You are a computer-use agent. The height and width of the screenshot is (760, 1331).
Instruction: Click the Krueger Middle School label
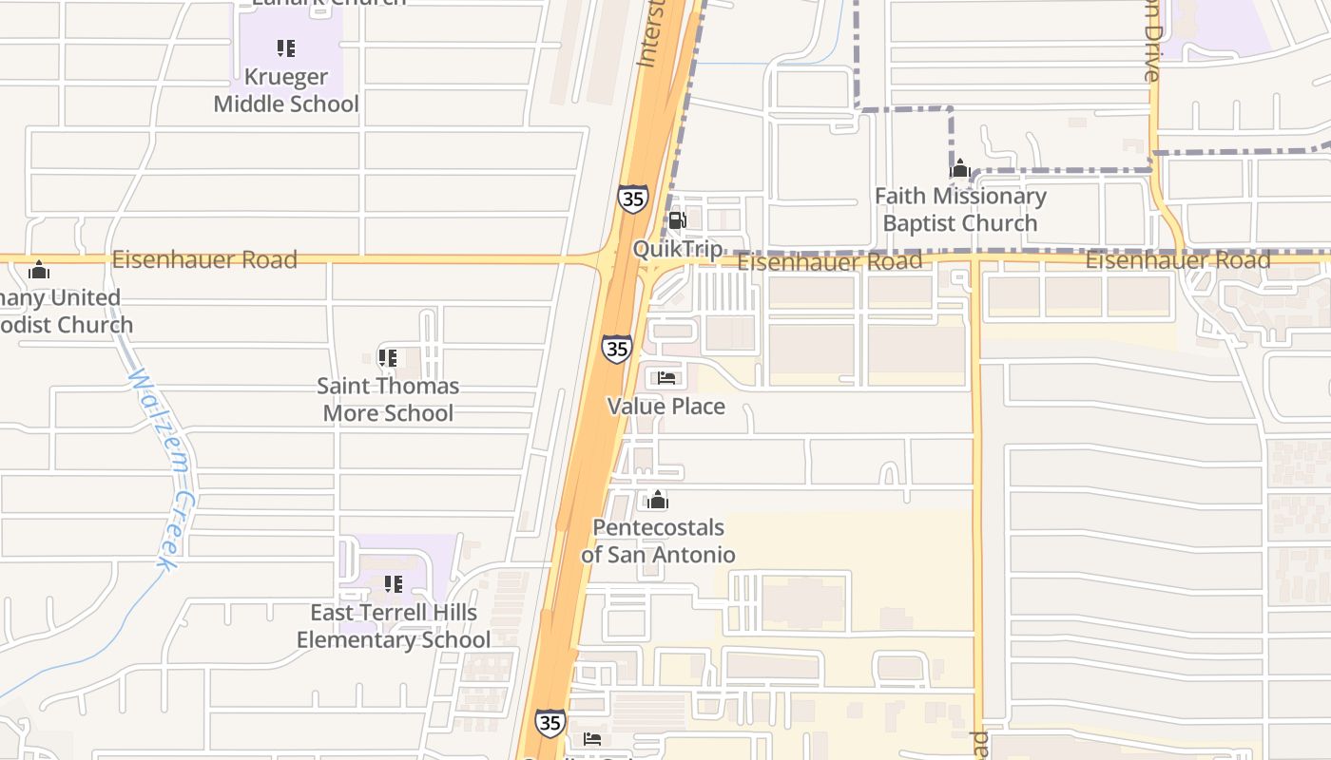point(286,90)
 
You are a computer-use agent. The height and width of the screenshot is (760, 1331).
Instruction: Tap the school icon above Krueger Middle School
point(286,47)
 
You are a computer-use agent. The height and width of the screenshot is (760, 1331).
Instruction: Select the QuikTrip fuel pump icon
point(677,221)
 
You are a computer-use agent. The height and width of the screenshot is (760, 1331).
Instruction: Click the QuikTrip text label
point(678,249)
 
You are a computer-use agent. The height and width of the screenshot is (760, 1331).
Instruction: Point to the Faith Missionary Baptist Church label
point(960,210)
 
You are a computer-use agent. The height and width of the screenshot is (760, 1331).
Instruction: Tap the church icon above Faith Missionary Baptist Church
point(960,170)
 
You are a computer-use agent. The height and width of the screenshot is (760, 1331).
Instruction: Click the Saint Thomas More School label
point(388,399)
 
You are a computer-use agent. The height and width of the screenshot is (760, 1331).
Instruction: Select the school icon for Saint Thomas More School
point(388,358)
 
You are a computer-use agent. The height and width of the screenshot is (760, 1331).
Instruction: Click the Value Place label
point(666,407)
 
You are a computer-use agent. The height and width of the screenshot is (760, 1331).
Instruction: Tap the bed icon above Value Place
point(666,378)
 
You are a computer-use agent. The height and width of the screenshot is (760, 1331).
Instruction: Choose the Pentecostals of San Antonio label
point(658,541)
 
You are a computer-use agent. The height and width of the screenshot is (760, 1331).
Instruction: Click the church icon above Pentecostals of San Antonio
point(658,500)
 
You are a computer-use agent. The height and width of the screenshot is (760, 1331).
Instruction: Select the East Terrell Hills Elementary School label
point(394,626)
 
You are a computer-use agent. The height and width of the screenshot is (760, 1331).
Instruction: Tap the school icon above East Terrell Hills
point(393,583)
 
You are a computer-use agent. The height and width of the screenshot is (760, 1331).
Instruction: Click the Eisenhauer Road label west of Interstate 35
point(204,259)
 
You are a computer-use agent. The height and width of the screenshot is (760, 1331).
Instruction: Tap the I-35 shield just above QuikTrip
point(632,199)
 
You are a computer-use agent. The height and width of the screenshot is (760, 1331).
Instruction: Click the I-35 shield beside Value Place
point(617,349)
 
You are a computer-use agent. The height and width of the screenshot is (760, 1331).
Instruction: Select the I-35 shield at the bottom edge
point(550,723)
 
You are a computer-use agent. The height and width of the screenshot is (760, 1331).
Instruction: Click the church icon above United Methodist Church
point(39,271)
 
